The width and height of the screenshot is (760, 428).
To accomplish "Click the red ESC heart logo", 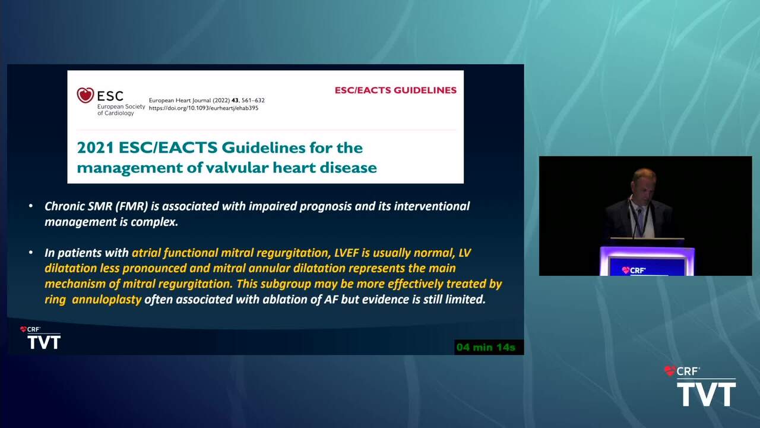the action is click(85, 95).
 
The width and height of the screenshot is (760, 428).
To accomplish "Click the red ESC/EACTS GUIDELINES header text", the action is click(395, 90).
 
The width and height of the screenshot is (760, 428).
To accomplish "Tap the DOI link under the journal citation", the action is click(204, 108).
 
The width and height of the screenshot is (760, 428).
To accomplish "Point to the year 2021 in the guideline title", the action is click(96, 148).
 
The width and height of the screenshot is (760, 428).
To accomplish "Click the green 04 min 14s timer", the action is click(486, 347).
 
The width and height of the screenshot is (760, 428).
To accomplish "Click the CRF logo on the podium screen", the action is click(634, 270).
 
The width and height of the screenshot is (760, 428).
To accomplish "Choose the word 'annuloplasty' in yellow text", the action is click(106, 300).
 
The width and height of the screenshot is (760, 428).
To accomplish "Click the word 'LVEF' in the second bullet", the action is click(346, 253).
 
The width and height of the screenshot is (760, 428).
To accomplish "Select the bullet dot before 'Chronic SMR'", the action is click(31, 206).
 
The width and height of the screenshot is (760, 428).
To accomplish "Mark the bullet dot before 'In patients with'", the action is click(31, 253).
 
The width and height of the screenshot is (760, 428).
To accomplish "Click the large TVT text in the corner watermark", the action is click(707, 394).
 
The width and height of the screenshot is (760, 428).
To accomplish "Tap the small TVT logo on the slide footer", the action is click(44, 342).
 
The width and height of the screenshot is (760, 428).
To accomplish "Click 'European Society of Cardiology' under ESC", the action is click(121, 110).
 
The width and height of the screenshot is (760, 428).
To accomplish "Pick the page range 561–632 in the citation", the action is click(253, 100).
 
